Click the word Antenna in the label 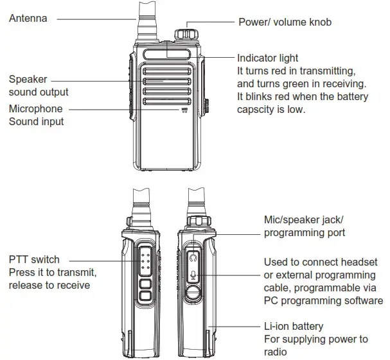[28, 19]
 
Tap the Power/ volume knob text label [285, 22]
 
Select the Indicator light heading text [267, 58]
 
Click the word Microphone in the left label [36, 108]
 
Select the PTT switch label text [34, 260]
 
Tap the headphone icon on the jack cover [193, 257]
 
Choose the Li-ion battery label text [294, 326]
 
